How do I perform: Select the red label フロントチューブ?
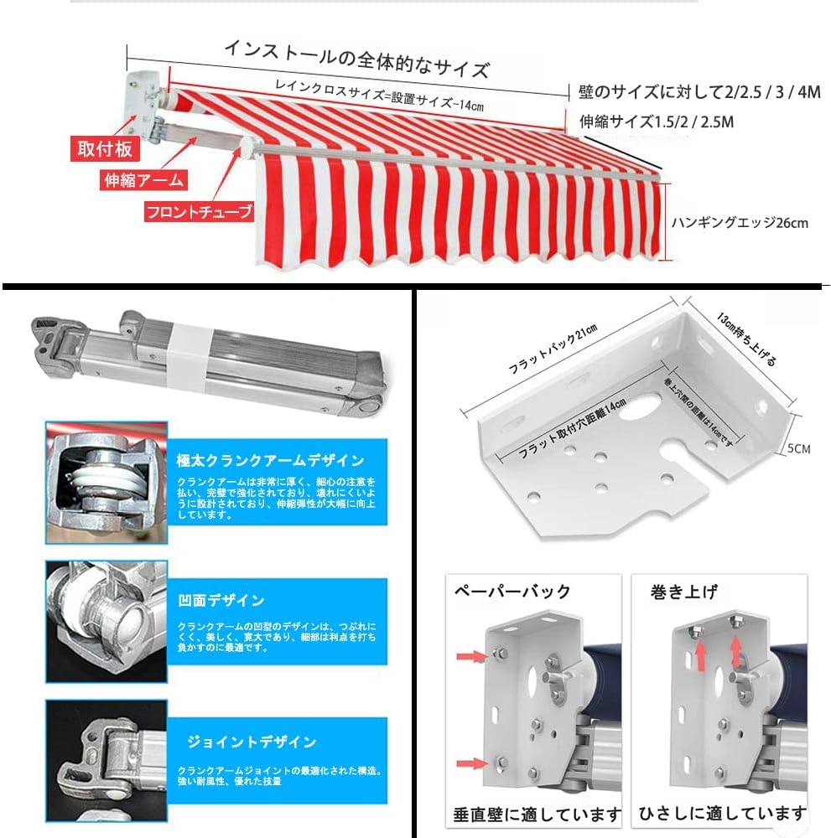(199, 211)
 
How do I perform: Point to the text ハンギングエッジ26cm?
(740, 223)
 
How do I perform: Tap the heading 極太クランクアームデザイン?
(270, 460)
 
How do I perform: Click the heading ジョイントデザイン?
(252, 742)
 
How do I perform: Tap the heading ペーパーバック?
(512, 592)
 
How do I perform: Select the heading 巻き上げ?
(684, 592)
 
